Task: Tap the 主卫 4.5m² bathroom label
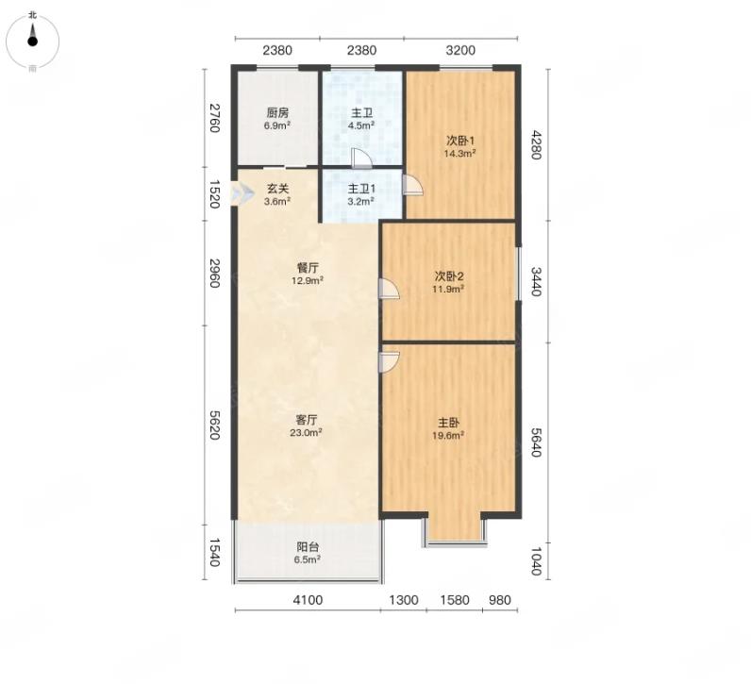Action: pyautogui.click(x=361, y=119)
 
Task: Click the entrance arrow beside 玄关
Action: pyautogui.click(x=243, y=193)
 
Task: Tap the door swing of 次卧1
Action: pyautogui.click(x=412, y=185)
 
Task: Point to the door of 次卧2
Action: pyautogui.click(x=389, y=289)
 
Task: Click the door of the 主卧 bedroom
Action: pyautogui.click(x=389, y=362)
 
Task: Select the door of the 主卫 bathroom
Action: pyautogui.click(x=361, y=158)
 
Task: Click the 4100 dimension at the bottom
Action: pyautogui.click(x=308, y=600)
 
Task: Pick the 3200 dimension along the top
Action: pyautogui.click(x=460, y=50)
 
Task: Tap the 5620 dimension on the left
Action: pyautogui.click(x=214, y=425)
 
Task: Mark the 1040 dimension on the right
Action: pyautogui.click(x=536, y=561)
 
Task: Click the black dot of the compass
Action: pyautogui.click(x=33, y=42)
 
